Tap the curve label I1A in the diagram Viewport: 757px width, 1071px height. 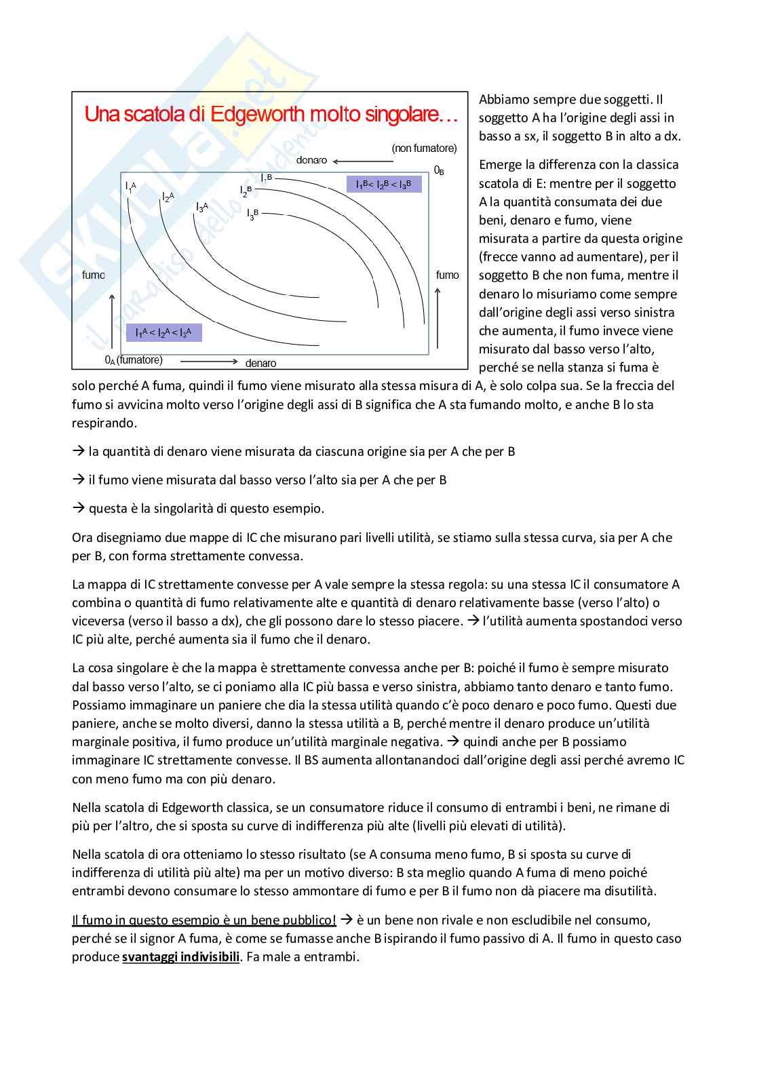pyautogui.click(x=131, y=187)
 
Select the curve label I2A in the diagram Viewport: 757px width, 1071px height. pyautogui.click(x=168, y=197)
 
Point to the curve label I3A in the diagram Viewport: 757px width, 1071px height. pyautogui.click(x=202, y=207)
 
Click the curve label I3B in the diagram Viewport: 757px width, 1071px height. pyautogui.click(x=252, y=214)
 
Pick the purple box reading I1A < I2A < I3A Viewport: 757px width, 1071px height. pyautogui.click(x=163, y=332)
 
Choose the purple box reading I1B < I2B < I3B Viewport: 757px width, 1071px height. pyautogui.click(x=384, y=184)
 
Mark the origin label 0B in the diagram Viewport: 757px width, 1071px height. pyautogui.click(x=439, y=170)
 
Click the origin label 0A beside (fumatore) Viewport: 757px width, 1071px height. pyautogui.click(x=110, y=360)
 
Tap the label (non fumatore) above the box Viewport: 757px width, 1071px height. pyautogui.click(x=424, y=149)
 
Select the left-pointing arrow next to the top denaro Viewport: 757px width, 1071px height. pyautogui.click(x=362, y=161)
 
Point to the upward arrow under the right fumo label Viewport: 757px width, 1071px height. pyautogui.click(x=438, y=317)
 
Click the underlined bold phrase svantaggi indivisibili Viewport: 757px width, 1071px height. pyautogui.click(x=181, y=957)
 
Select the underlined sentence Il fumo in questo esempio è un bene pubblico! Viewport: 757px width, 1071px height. pyautogui.click(x=204, y=920)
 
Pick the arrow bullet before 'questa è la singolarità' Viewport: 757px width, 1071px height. pyautogui.click(x=78, y=508)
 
